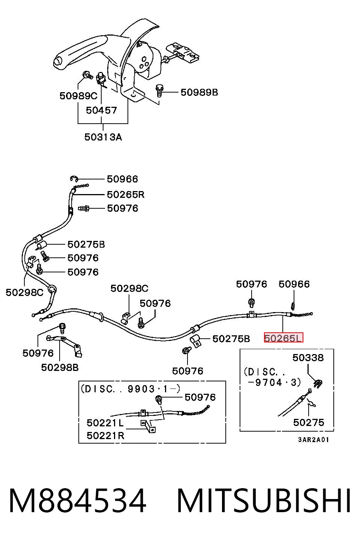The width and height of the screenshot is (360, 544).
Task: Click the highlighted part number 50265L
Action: pos(283,338)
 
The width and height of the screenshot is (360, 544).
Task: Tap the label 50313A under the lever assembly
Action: pos(103,137)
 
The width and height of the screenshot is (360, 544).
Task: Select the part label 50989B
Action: pos(199,92)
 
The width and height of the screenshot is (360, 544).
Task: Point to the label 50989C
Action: pos(78,96)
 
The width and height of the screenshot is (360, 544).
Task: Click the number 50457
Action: pos(101,110)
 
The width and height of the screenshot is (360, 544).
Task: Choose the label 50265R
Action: pos(126,194)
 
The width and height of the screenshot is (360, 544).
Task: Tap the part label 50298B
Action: pos(60,368)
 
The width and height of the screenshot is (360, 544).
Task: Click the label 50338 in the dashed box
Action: pos(308,357)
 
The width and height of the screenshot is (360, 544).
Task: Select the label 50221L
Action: pos(105,423)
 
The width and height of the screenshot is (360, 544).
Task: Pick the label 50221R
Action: pos(105,435)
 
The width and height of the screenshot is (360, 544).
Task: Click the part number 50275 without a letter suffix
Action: pos(309,423)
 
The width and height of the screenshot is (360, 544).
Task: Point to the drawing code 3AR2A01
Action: pos(313,440)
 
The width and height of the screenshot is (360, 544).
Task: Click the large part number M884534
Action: pos(78,501)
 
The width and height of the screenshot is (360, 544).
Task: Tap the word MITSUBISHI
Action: pos(264,501)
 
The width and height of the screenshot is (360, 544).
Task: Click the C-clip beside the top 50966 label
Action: pos(74,179)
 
